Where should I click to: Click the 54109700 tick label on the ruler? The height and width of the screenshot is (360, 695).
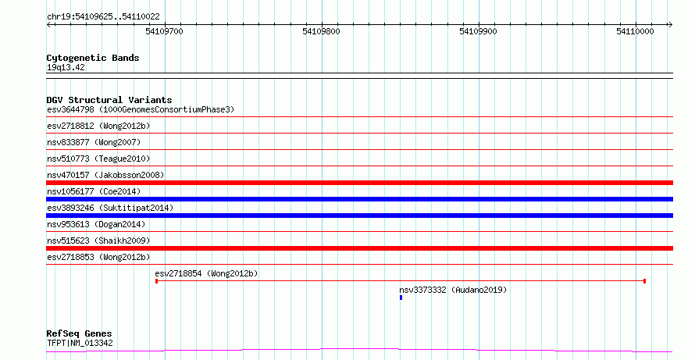coord(164,31)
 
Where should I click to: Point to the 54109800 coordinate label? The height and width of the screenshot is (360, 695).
coord(322,31)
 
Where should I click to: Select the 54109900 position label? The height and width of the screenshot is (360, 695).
coord(478,31)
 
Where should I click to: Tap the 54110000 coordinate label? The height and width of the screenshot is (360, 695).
coord(635,31)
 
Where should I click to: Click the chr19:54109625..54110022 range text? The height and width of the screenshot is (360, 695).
coord(103,17)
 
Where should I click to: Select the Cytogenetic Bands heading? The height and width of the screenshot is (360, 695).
coord(93,58)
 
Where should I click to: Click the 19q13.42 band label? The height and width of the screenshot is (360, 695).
coord(66,68)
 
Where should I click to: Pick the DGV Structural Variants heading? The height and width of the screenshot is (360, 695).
coord(109,100)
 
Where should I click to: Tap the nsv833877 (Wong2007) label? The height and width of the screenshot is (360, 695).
coord(94,142)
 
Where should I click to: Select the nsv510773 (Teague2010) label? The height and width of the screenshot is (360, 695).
coord(98,159)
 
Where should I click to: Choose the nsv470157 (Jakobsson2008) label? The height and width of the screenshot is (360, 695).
coord(105,175)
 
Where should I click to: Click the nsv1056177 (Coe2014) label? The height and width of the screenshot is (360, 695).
coord(94,191)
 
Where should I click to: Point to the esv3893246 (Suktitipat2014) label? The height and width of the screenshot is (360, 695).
coord(110,208)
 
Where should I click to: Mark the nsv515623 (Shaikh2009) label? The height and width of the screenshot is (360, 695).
coord(98,241)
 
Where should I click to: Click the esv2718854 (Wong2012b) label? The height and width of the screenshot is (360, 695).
coord(206,274)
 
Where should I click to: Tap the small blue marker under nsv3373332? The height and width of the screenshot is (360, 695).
coord(401,298)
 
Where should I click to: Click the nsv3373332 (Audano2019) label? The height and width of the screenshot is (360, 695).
coord(453,290)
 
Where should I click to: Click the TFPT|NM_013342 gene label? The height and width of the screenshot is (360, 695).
coord(80,343)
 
